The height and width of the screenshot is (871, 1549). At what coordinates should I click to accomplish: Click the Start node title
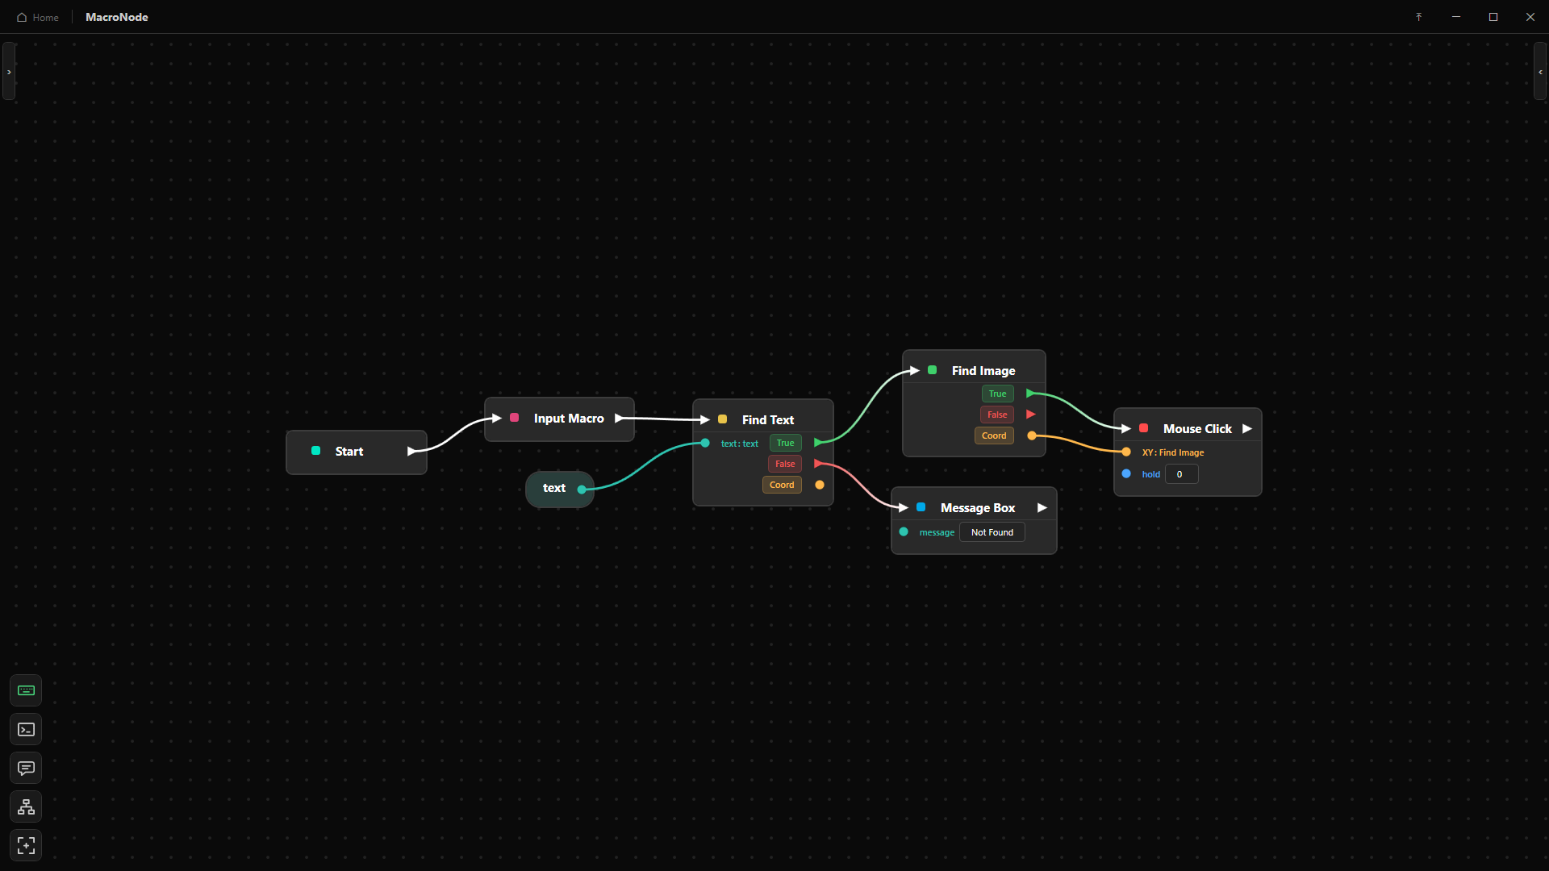pyautogui.click(x=349, y=452)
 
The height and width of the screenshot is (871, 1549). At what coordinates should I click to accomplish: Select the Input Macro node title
pyautogui.click(x=569, y=419)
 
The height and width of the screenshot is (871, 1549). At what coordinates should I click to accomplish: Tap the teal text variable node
pyautogui.click(x=559, y=489)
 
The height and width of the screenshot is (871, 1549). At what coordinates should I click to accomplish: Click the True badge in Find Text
pyautogui.click(x=785, y=443)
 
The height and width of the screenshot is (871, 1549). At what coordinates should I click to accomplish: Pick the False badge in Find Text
pyautogui.click(x=785, y=464)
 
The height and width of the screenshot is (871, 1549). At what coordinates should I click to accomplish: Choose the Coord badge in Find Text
pyautogui.click(x=782, y=485)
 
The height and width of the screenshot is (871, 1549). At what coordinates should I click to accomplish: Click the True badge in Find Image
pyautogui.click(x=997, y=394)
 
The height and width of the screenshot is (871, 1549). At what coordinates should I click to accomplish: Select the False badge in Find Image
pyautogui.click(x=997, y=415)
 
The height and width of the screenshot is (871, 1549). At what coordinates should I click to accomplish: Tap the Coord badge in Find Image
pyautogui.click(x=994, y=435)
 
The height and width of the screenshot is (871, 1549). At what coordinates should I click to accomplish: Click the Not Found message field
pyautogui.click(x=992, y=532)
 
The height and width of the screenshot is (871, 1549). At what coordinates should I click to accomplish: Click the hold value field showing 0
pyautogui.click(x=1182, y=474)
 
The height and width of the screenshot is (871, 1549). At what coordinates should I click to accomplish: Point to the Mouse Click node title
pyautogui.click(x=1197, y=429)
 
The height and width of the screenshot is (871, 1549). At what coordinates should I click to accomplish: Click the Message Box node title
pyautogui.click(x=978, y=508)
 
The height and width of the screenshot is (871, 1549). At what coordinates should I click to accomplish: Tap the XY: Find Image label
pyautogui.click(x=1173, y=452)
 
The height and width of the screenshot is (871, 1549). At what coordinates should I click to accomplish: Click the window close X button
pyautogui.click(x=1530, y=17)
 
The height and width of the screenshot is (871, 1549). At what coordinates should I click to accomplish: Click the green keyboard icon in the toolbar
pyautogui.click(x=26, y=690)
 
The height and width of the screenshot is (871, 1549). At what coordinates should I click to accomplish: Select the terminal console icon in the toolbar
pyautogui.click(x=26, y=729)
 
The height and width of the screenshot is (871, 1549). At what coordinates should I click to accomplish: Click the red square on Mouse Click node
pyautogui.click(x=1143, y=428)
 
